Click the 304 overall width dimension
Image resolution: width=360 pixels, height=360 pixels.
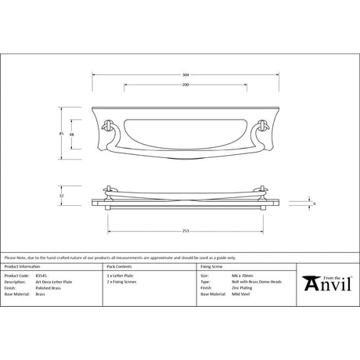[x=185, y=75]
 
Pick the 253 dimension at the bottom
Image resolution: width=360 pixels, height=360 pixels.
[x=185, y=232]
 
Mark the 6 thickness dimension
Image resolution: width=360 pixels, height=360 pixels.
[x=314, y=203]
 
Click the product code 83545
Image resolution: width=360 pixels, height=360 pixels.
[x=42, y=276]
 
